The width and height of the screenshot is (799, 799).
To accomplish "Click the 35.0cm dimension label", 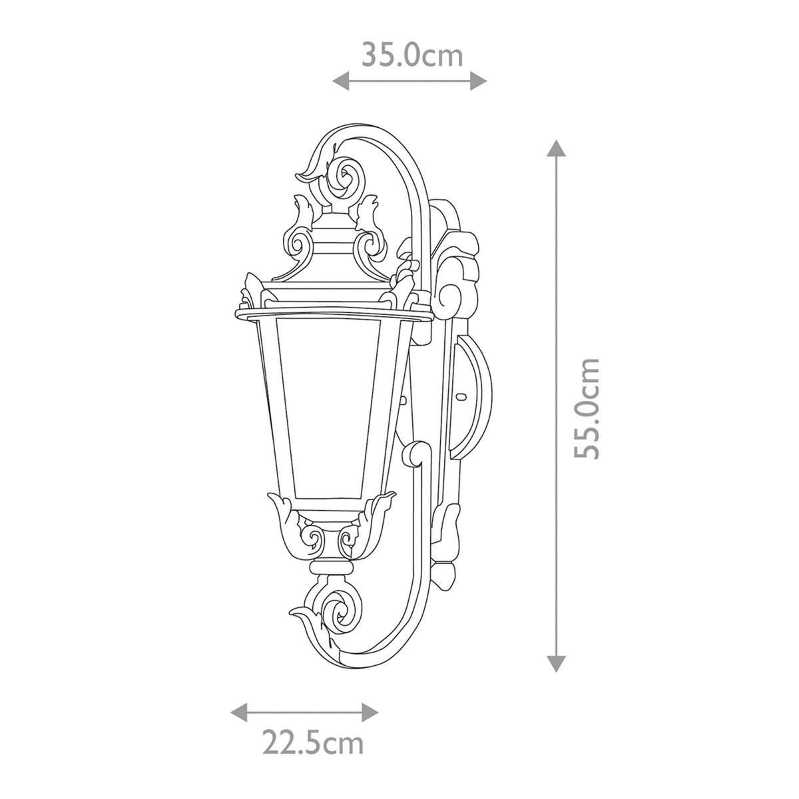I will (x=411, y=55).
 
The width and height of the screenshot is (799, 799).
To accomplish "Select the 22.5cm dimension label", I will (x=312, y=742).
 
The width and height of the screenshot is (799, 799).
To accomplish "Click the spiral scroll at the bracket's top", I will (x=346, y=176).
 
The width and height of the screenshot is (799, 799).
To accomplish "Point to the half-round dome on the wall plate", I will (x=477, y=403).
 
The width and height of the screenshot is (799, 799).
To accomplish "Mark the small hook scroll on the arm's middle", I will (x=416, y=453).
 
